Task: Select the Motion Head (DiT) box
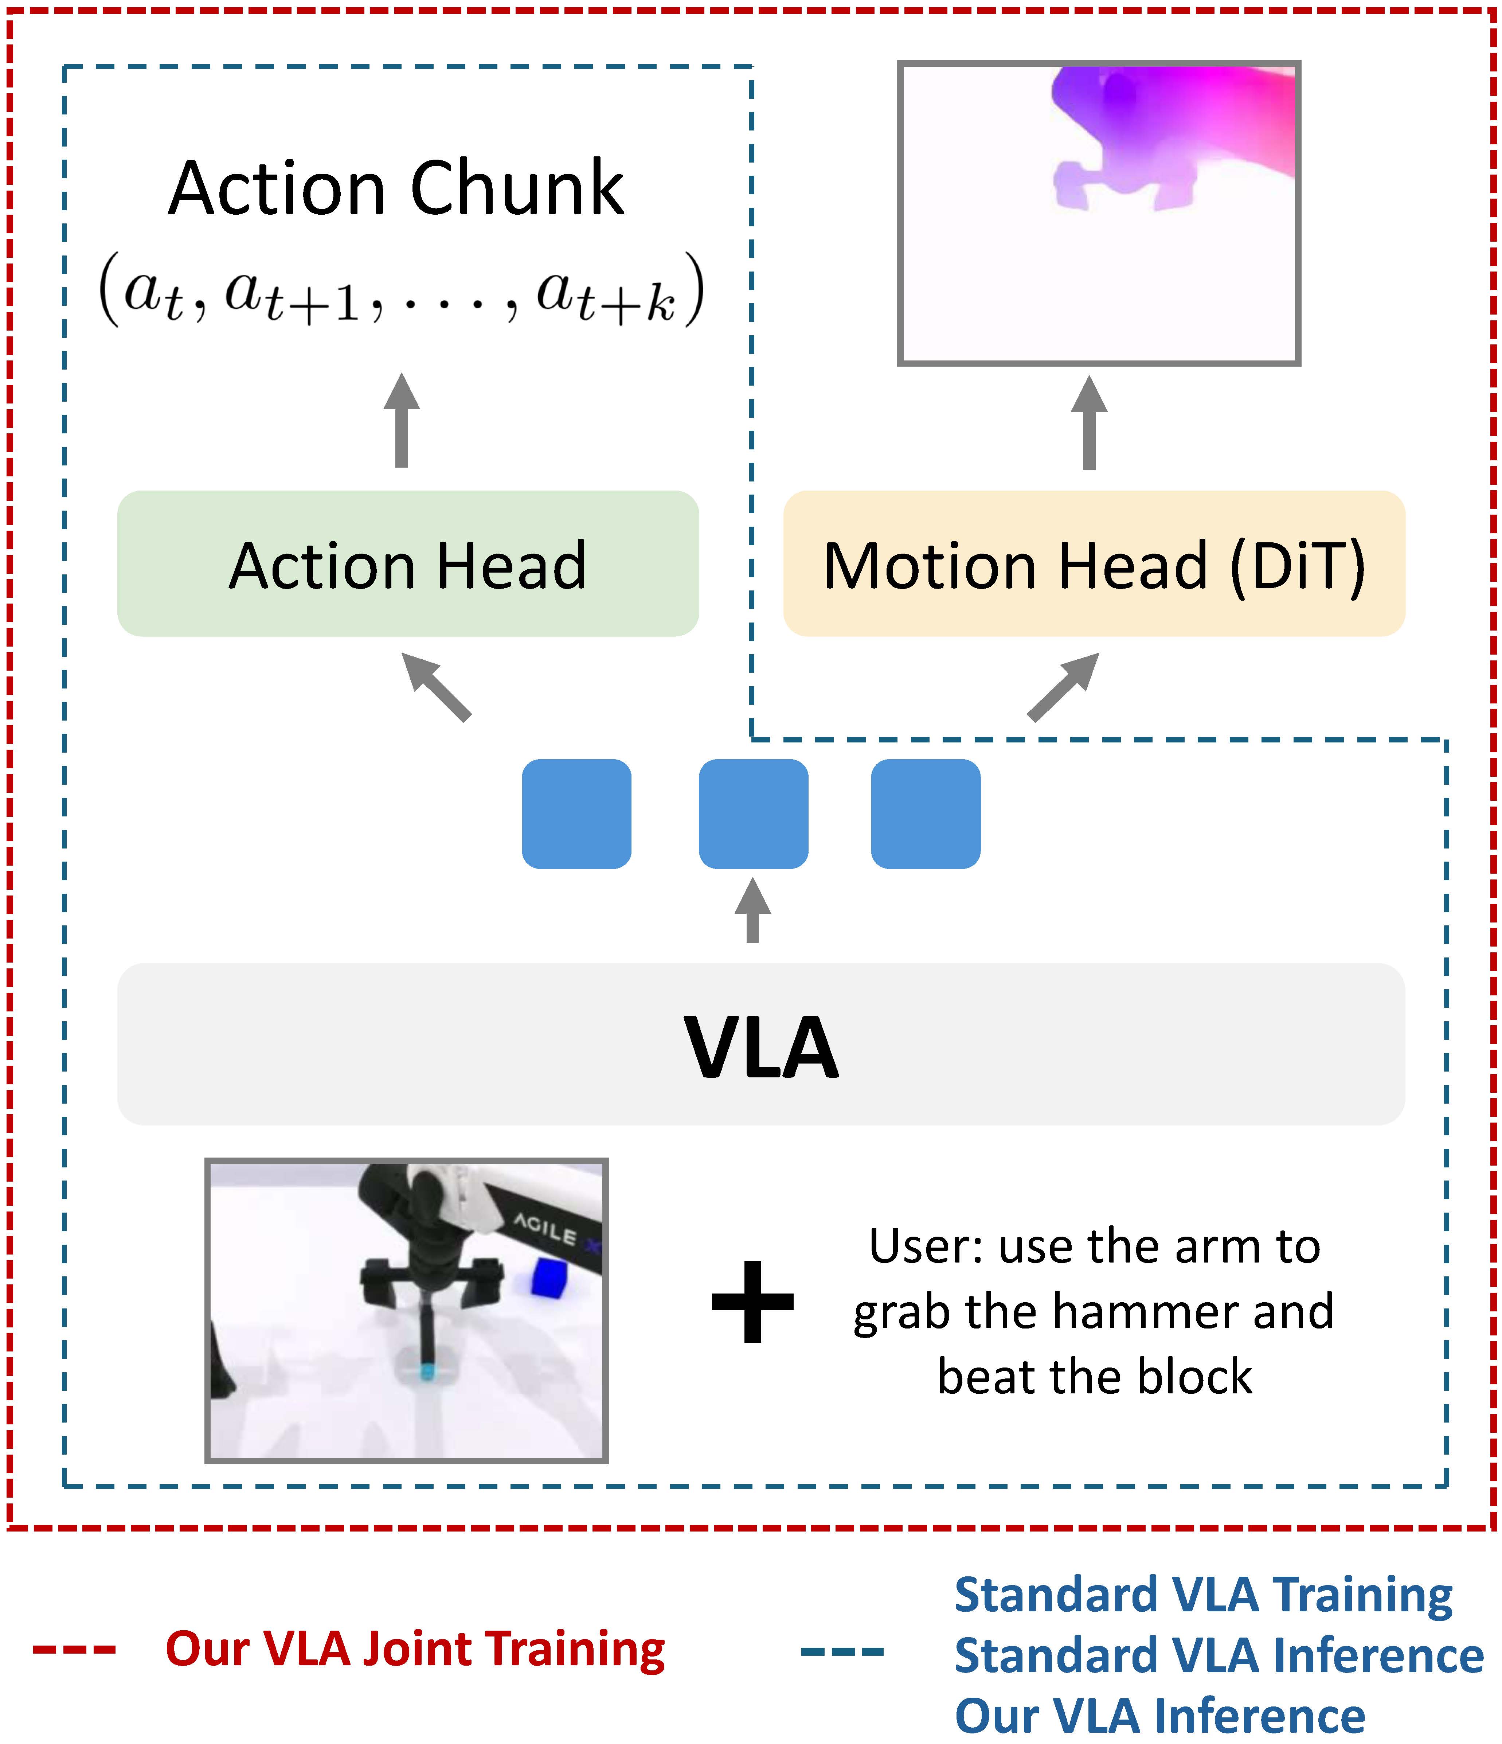click(x=1094, y=564)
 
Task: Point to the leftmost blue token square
click(x=576, y=814)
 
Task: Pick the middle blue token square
click(x=753, y=814)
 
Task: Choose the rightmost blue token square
click(x=926, y=814)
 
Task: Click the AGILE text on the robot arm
click(x=545, y=1230)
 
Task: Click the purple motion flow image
click(x=1099, y=213)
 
